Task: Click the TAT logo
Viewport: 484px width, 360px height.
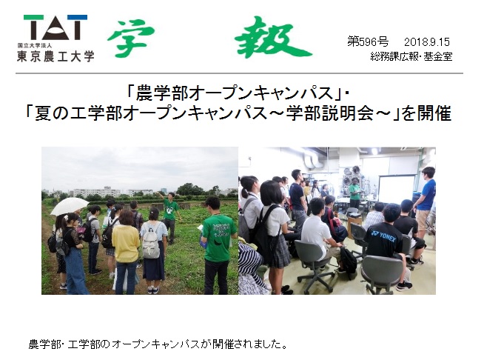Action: point(56,27)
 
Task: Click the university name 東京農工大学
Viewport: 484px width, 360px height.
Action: point(56,56)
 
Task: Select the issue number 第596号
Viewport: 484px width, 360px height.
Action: point(368,41)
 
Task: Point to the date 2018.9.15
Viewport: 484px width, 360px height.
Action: point(426,41)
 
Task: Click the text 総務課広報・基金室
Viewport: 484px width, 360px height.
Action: point(411,56)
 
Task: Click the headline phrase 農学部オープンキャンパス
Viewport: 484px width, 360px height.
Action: point(236,93)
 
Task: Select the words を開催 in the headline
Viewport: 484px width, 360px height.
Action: point(426,113)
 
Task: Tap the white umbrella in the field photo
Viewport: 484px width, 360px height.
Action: point(70,206)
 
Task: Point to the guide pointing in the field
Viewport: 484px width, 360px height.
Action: point(169,213)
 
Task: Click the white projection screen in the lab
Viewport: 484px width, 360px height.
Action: point(397,190)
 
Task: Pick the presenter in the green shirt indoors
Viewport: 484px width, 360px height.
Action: point(354,192)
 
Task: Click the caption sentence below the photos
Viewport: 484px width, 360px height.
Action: point(158,344)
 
